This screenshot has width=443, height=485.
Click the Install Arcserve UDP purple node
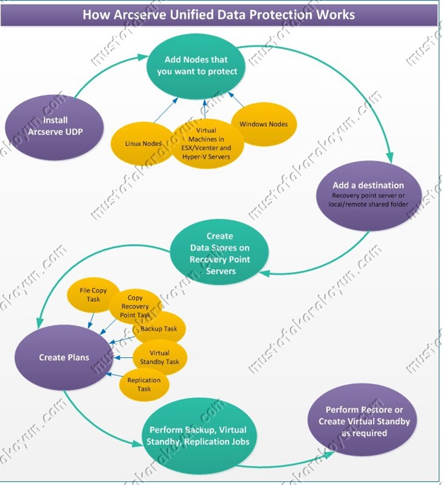pos(54,127)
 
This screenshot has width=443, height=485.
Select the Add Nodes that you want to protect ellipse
pos(196,66)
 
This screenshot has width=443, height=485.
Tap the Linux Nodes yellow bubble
pos(143,144)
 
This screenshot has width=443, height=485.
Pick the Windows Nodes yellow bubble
pos(264,124)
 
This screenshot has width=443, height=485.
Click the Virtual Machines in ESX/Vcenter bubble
pos(207,144)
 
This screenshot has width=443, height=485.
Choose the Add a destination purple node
pos(369,195)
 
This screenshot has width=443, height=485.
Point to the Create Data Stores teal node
pos(220,252)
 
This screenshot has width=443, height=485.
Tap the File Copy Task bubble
pos(93,295)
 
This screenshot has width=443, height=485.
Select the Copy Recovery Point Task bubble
pos(135,306)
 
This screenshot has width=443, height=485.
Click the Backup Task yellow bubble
pos(159,329)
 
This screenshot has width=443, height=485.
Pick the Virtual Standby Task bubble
pos(159,357)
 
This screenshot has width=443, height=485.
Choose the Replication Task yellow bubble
pos(144,384)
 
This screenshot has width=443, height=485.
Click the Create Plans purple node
pos(64,357)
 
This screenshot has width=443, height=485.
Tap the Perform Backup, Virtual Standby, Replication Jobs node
pos(198,436)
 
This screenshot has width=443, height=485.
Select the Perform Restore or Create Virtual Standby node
pos(363,421)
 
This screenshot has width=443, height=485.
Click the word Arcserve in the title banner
pos(139,15)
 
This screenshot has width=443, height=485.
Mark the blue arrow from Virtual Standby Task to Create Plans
pos(124,357)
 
